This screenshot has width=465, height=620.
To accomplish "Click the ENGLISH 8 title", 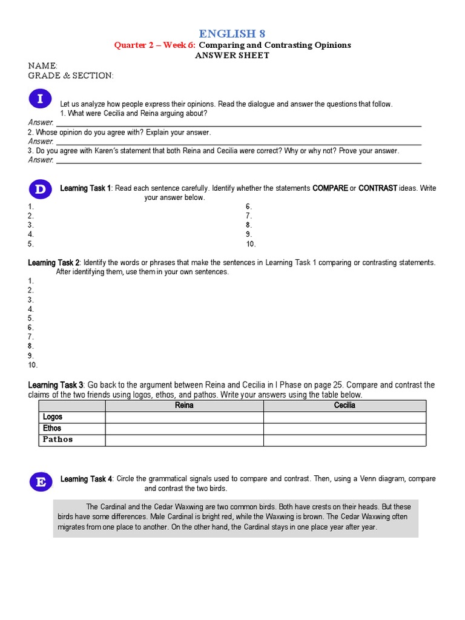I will tap(232, 33).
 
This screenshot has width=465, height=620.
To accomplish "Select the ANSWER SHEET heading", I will tap(232, 55).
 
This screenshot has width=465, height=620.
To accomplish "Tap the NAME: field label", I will tap(43, 65).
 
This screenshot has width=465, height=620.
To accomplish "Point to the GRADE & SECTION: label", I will tap(71, 76).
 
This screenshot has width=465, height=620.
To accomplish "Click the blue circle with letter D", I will tap(40, 190).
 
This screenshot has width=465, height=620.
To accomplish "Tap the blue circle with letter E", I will tap(41, 482).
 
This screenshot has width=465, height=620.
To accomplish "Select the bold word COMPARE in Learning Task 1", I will tap(330, 188).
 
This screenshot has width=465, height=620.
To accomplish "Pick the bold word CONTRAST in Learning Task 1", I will tap(378, 188).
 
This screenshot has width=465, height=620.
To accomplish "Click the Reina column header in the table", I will tap(184, 406).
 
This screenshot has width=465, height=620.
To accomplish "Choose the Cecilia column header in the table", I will tap(345, 406).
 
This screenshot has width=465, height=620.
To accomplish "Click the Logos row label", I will tap(53, 417).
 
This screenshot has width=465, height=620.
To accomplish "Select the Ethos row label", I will tap(52, 428).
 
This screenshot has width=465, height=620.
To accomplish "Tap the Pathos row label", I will tap(58, 440).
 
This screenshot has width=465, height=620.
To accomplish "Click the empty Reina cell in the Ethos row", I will tap(184, 429).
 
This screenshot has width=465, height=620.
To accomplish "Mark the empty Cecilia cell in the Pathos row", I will tap(345, 440).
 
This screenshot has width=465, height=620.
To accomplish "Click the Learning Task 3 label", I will tap(56, 385).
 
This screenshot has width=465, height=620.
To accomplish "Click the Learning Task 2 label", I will tap(54, 263).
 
